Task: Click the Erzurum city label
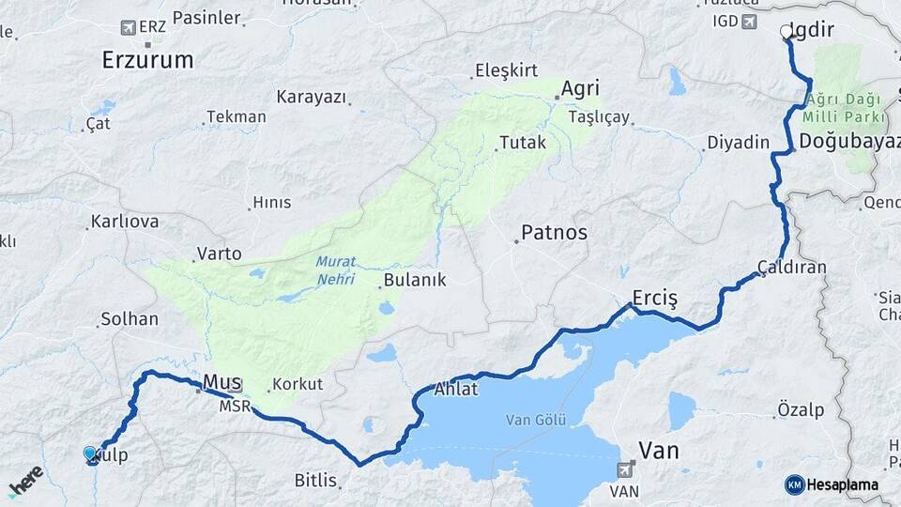[147, 60]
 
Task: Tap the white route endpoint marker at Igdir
[786, 32]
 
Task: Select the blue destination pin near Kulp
[90, 454]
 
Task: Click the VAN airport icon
[627, 469]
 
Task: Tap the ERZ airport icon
[128, 28]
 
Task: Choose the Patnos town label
[555, 232]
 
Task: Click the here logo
[25, 482]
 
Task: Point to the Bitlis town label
[315, 481]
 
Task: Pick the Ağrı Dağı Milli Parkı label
[843, 109]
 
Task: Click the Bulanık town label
[418, 280]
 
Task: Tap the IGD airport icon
[749, 22]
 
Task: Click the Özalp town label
[801, 409]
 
